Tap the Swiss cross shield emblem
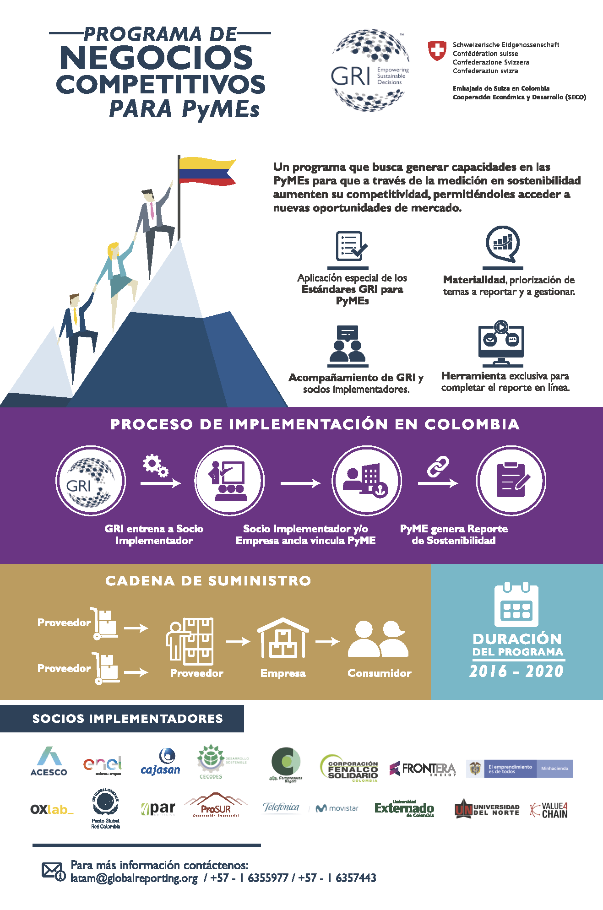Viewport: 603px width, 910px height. [x=437, y=50]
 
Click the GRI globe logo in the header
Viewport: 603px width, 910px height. [x=370, y=70]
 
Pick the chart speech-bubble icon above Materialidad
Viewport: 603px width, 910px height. [x=503, y=244]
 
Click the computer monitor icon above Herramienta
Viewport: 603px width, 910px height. [x=501, y=343]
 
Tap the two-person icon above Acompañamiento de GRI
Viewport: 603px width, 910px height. [x=348, y=344]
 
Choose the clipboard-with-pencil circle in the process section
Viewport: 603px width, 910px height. [x=511, y=481]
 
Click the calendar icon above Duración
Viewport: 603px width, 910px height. [x=516, y=605]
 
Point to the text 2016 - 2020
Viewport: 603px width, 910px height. [x=516, y=672]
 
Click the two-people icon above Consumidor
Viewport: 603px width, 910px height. [x=378, y=639]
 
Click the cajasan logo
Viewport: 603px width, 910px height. [x=161, y=763]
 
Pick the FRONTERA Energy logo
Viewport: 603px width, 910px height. [x=423, y=769]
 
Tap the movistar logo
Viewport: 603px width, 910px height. [x=337, y=808]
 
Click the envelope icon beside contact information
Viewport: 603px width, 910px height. [x=52, y=871]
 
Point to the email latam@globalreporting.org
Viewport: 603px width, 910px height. [x=134, y=878]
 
